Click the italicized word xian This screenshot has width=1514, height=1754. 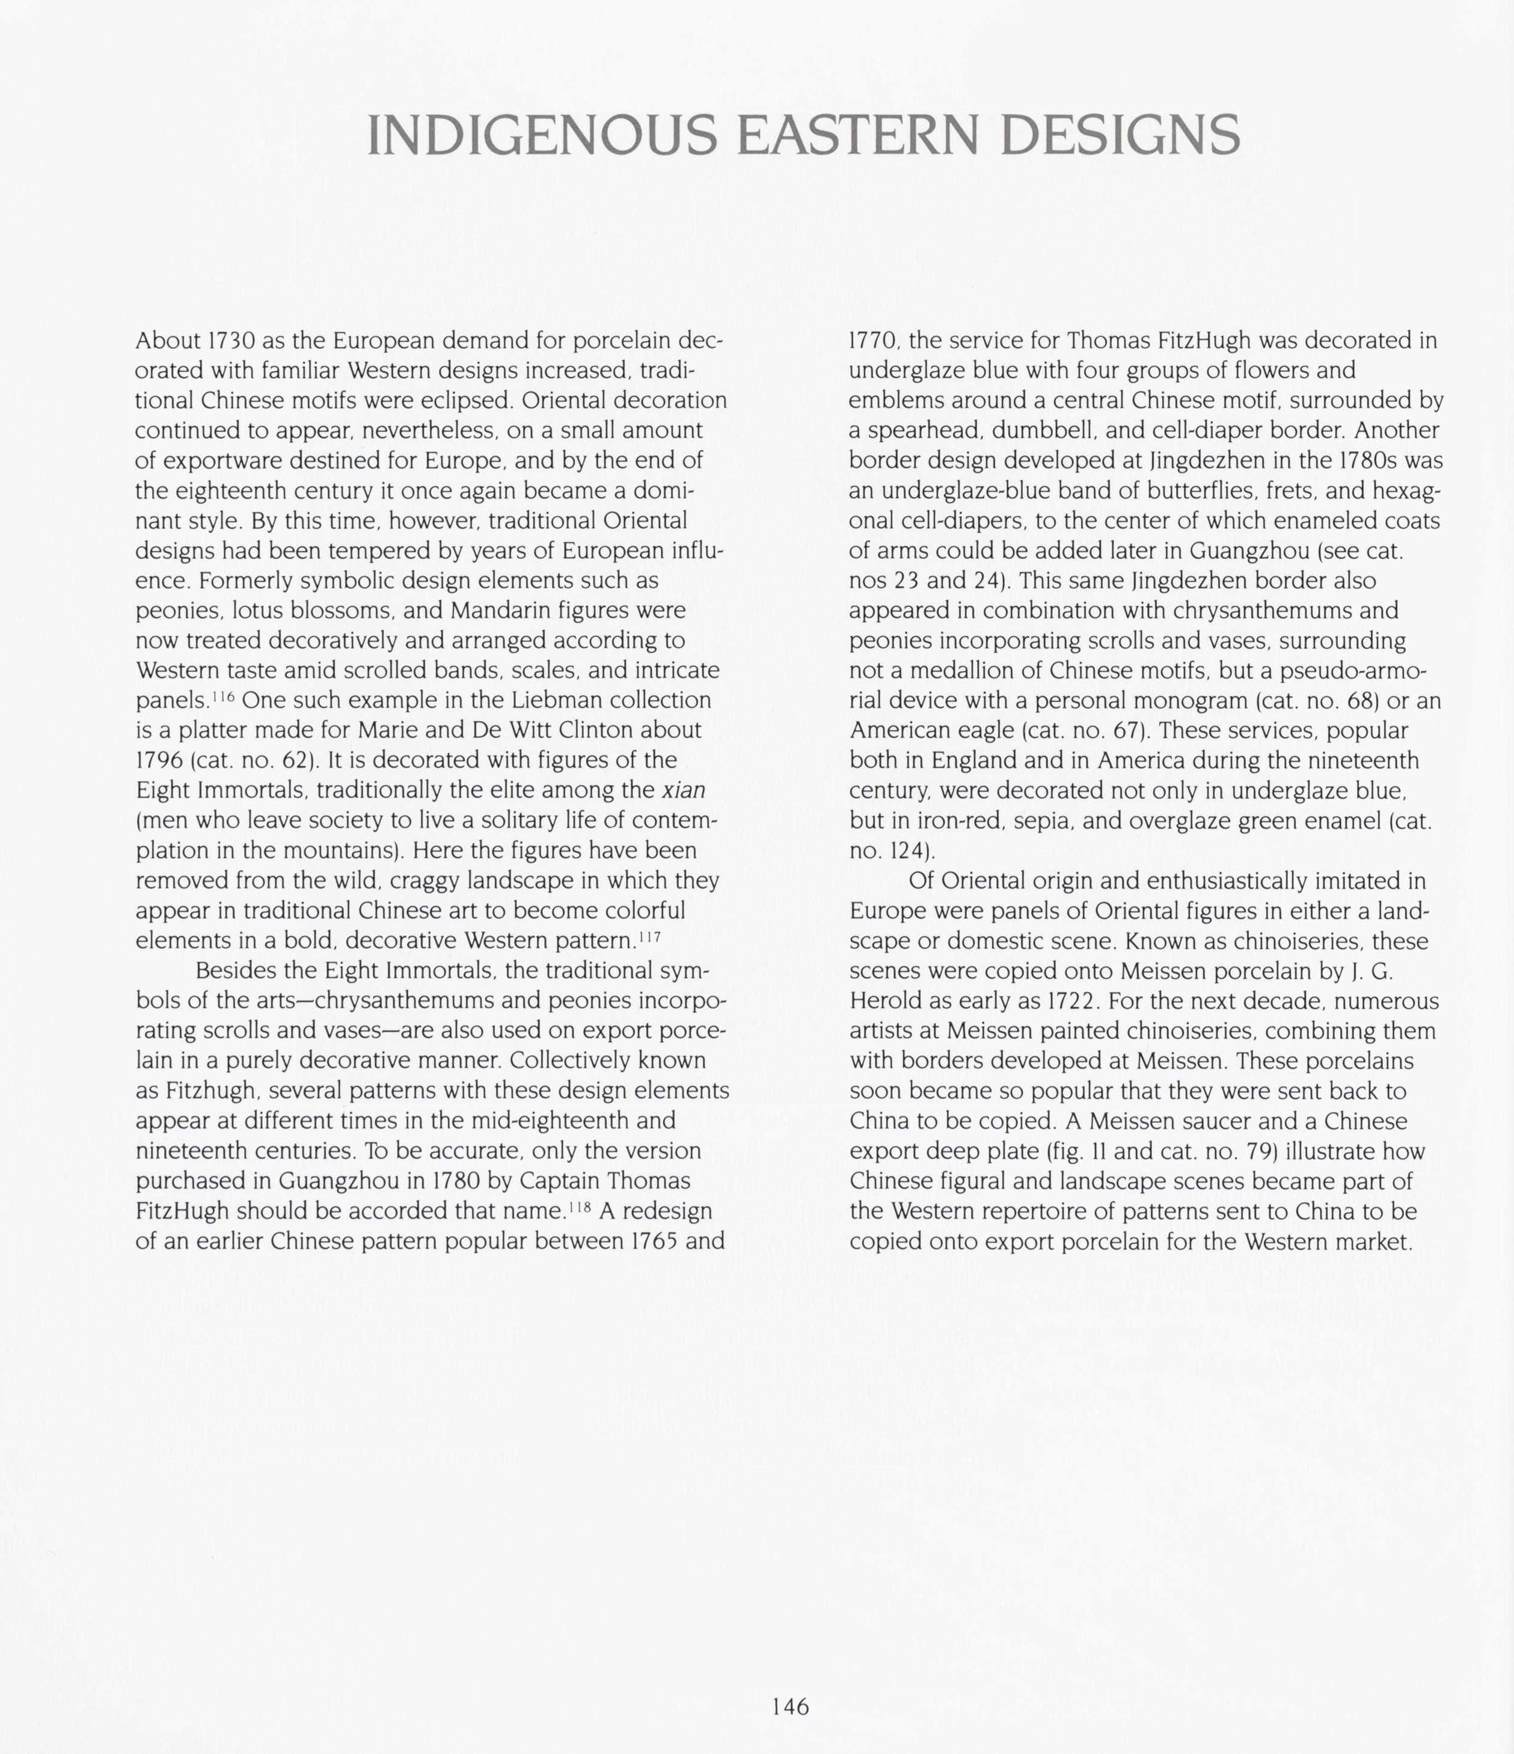pyautogui.click(x=684, y=790)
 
